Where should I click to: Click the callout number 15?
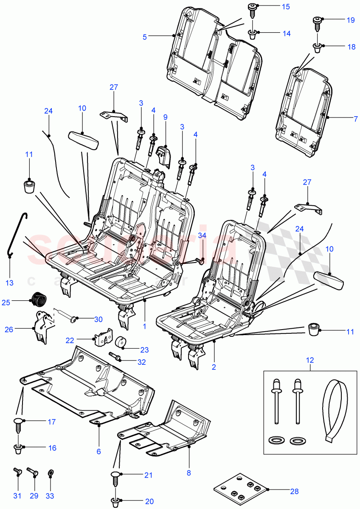pyautogui.click(x=286, y=6)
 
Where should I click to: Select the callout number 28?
pyautogui.click(x=295, y=491)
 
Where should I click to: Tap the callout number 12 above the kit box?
pyautogui.click(x=310, y=360)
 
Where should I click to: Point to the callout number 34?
pyautogui.click(x=202, y=235)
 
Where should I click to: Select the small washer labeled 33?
pyautogui.click(x=51, y=472)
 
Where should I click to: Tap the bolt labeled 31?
pyautogui.click(x=17, y=470)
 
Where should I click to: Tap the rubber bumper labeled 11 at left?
pyautogui.click(x=29, y=186)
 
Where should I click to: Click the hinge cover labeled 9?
pyautogui.click(x=163, y=155)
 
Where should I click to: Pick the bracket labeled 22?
pyautogui.click(x=103, y=338)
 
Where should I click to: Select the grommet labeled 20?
pyautogui.click(x=118, y=502)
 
